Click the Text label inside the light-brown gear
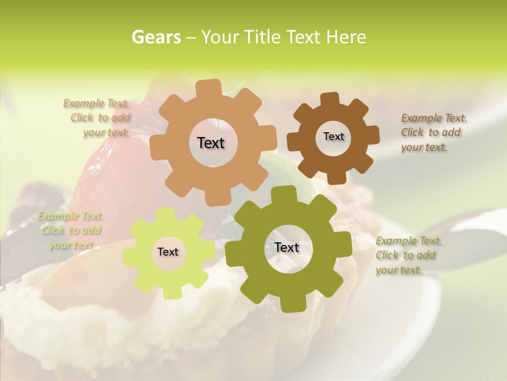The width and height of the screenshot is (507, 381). point(211,143)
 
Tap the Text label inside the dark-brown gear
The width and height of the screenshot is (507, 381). point(333,137)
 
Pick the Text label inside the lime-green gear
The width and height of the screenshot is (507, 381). point(167,252)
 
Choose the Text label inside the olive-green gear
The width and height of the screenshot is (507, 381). point(287,247)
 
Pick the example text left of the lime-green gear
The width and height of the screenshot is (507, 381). point(70,230)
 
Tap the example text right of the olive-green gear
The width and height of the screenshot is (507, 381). point(408,255)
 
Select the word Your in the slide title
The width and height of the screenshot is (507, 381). point(219,37)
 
